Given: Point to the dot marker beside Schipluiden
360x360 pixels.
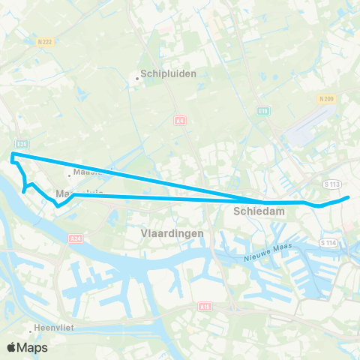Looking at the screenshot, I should [x=136, y=76].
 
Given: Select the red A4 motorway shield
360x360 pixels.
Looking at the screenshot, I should [x=178, y=121].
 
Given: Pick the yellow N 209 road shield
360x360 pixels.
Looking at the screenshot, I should [x=325, y=98].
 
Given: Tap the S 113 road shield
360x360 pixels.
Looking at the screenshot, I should [x=332, y=183].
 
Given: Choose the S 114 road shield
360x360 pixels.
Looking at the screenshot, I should [x=328, y=243].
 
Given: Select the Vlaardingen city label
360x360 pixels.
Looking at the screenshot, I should [x=172, y=233].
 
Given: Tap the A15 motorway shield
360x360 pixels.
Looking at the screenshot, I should [x=205, y=307].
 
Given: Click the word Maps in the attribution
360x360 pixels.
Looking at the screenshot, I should [x=33, y=347].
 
